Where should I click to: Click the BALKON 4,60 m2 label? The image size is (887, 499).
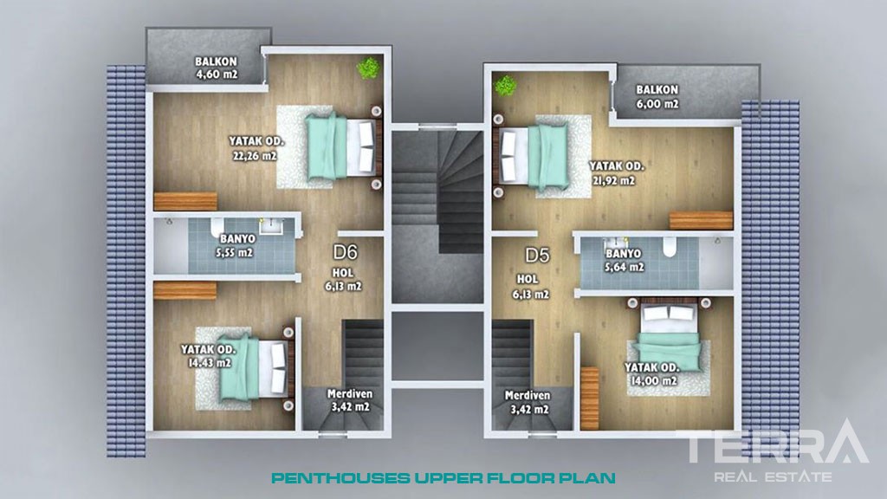click(216, 68)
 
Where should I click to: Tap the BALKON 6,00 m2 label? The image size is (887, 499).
click(657, 97)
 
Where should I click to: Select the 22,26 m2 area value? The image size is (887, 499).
click(255, 156)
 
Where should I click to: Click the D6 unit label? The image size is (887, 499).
click(345, 251)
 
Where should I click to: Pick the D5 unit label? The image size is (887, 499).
click(537, 256)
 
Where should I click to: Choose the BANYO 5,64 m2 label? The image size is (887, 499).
click(624, 260)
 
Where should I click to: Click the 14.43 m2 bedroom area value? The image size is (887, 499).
click(210, 363)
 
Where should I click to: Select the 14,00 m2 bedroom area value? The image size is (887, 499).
click(654, 381)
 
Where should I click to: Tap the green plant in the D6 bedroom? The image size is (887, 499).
click(368, 68)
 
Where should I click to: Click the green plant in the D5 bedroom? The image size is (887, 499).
click(505, 86)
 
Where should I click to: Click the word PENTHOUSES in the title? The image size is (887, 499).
click(341, 478)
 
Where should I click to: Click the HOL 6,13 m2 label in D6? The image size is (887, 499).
click(343, 280)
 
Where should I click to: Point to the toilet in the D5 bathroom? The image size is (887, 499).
click(670, 247)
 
